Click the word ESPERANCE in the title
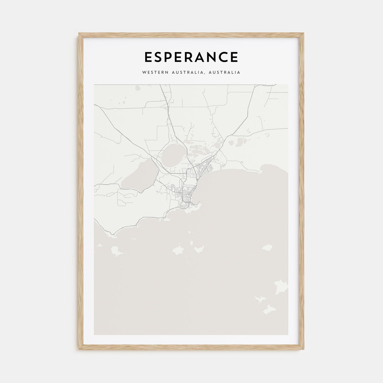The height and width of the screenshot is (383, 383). coord(191,57)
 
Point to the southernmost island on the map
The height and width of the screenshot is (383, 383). coord(268,309)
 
